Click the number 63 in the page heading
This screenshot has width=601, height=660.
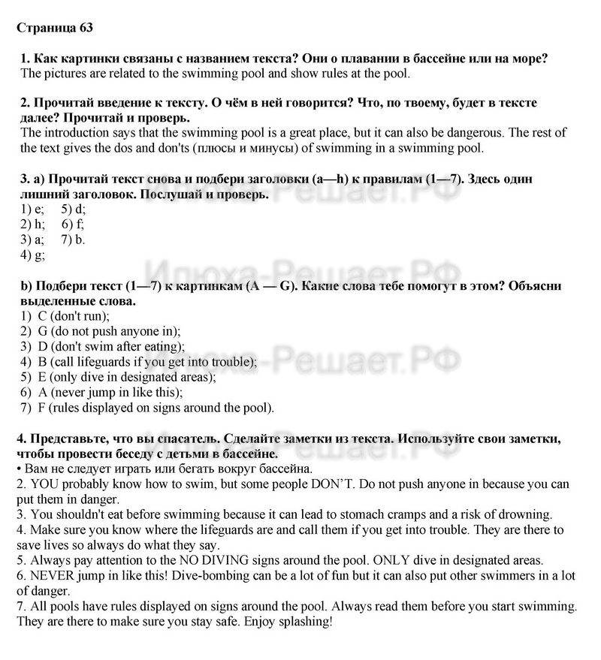click(85, 28)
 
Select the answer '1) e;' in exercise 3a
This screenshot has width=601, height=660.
click(32, 209)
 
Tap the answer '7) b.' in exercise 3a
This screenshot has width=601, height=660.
click(74, 240)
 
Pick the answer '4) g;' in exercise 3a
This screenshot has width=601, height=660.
click(33, 255)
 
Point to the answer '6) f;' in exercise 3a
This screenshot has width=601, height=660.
click(73, 225)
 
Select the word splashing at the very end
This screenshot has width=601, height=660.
click(303, 622)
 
